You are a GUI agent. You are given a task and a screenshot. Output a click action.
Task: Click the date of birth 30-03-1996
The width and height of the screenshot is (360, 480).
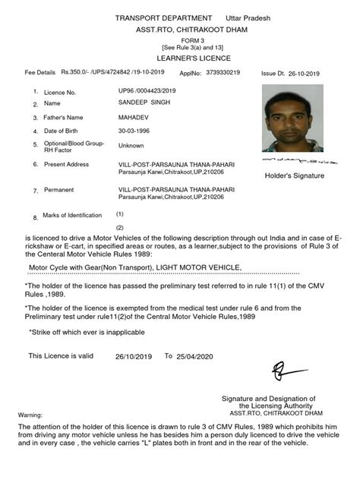point(134,131)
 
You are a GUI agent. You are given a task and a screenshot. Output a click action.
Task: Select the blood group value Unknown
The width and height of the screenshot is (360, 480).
point(131,145)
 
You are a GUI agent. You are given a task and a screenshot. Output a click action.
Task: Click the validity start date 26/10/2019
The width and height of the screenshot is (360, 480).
point(134,356)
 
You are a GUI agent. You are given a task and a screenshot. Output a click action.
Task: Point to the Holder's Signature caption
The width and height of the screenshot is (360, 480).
point(294,175)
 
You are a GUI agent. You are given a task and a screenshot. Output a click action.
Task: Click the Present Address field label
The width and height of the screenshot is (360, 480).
point(67,164)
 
